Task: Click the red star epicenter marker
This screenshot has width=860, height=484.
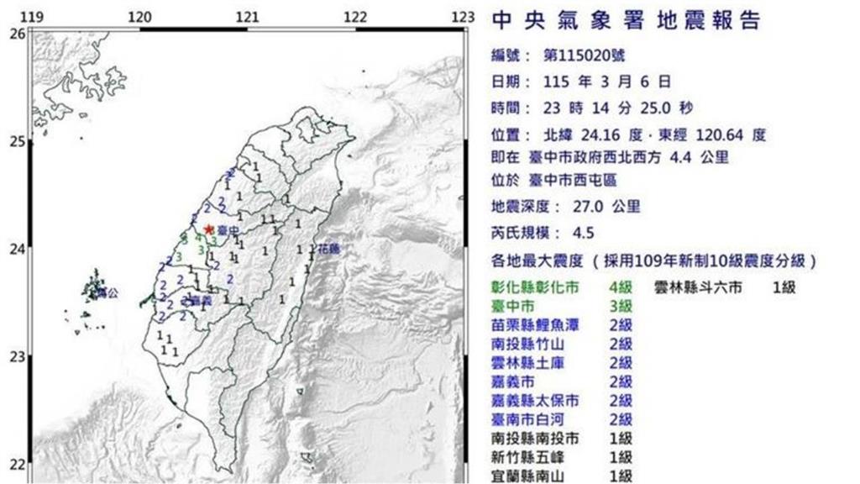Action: pyautogui.click(x=208, y=229)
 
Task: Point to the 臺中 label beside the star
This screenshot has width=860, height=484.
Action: pyautogui.click(x=224, y=229)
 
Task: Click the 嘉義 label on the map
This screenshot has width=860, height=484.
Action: pyautogui.click(x=195, y=300)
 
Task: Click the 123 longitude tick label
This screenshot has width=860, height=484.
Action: pyautogui.click(x=463, y=18)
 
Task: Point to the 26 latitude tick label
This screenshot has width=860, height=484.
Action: pyautogui.click(x=16, y=34)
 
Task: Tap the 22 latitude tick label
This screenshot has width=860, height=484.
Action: pyautogui.click(x=16, y=465)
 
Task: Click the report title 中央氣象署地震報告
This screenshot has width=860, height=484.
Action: pyautogui.click(x=625, y=20)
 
